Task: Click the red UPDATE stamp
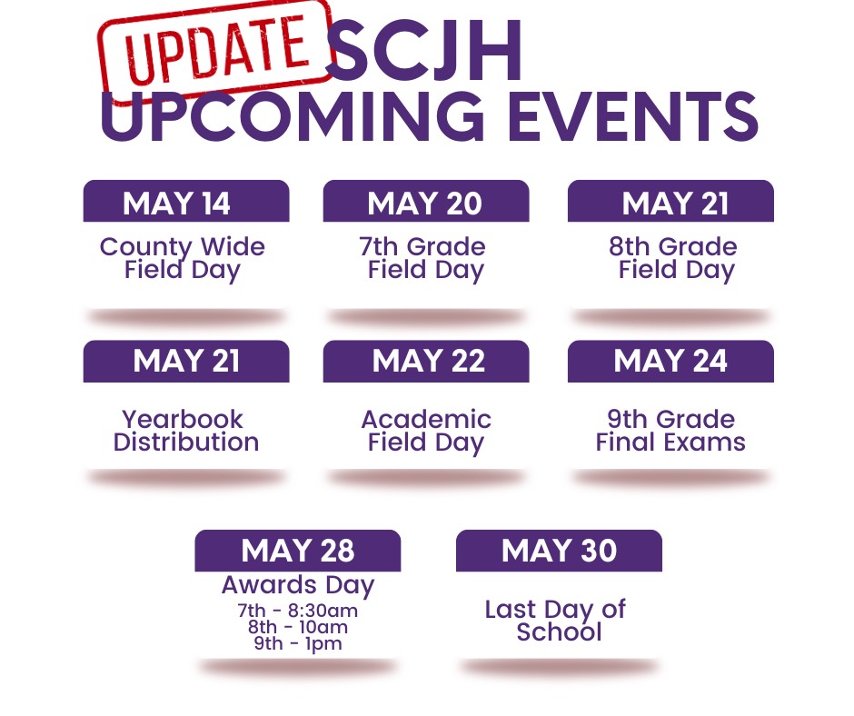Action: (215, 53)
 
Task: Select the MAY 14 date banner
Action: (186, 201)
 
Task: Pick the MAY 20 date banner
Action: (426, 201)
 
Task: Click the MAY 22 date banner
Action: (426, 362)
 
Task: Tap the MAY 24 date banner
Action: (670, 362)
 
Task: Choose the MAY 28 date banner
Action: (298, 551)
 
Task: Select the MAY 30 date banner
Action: (559, 551)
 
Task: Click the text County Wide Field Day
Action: (183, 259)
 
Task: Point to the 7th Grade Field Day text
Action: (423, 259)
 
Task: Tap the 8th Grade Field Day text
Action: (674, 259)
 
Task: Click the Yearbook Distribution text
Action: (185, 431)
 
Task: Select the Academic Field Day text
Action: (426, 431)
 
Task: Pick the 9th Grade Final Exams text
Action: (670, 431)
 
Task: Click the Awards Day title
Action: (298, 586)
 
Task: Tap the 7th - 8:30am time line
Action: (298, 611)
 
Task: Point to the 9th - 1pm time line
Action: (298, 643)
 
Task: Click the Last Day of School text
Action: (555, 620)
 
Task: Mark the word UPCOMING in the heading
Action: (292, 116)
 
